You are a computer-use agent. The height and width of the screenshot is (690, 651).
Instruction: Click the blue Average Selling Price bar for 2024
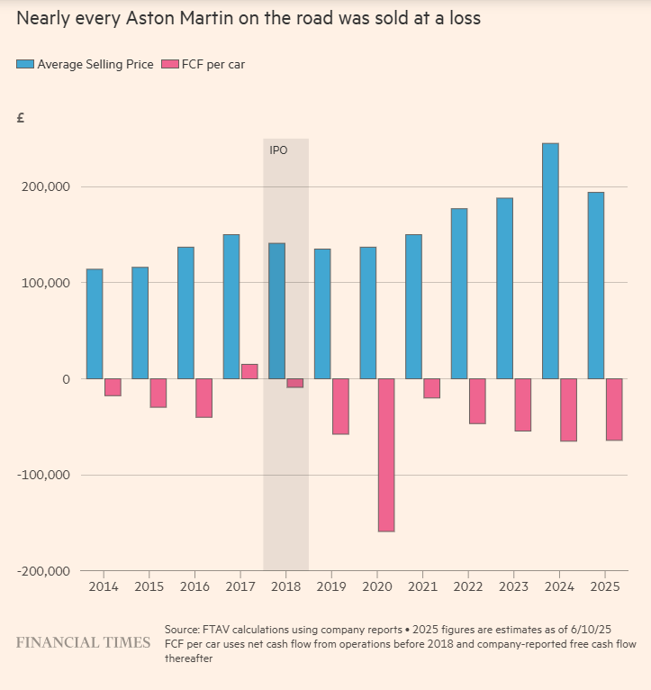pyautogui.click(x=550, y=261)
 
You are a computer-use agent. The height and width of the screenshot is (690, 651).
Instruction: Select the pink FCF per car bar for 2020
pyautogui.click(x=386, y=455)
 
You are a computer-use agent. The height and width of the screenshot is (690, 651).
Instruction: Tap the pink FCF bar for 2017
pyautogui.click(x=249, y=371)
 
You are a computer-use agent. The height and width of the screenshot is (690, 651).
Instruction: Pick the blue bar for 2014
pyautogui.click(x=95, y=324)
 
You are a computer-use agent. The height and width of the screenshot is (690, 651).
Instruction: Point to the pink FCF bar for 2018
pyautogui.click(x=294, y=383)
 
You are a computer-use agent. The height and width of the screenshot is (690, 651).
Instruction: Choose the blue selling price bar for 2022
pyautogui.click(x=459, y=294)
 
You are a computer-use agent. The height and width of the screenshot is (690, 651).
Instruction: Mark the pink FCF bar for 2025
pyautogui.click(x=614, y=410)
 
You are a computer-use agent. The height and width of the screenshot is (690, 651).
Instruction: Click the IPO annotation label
pyautogui.click(x=278, y=150)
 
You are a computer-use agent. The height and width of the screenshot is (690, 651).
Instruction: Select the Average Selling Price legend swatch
pyautogui.click(x=25, y=64)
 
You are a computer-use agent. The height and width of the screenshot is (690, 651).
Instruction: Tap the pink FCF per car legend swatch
pyautogui.click(x=169, y=64)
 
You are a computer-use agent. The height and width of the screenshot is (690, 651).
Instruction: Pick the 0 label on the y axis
pyautogui.click(x=66, y=378)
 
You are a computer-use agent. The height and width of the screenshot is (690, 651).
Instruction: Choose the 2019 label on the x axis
pyautogui.click(x=331, y=586)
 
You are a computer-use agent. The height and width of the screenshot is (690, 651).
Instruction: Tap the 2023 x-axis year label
pyautogui.click(x=513, y=586)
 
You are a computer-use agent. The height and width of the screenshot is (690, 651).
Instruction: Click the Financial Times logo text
pyautogui.click(x=84, y=642)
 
